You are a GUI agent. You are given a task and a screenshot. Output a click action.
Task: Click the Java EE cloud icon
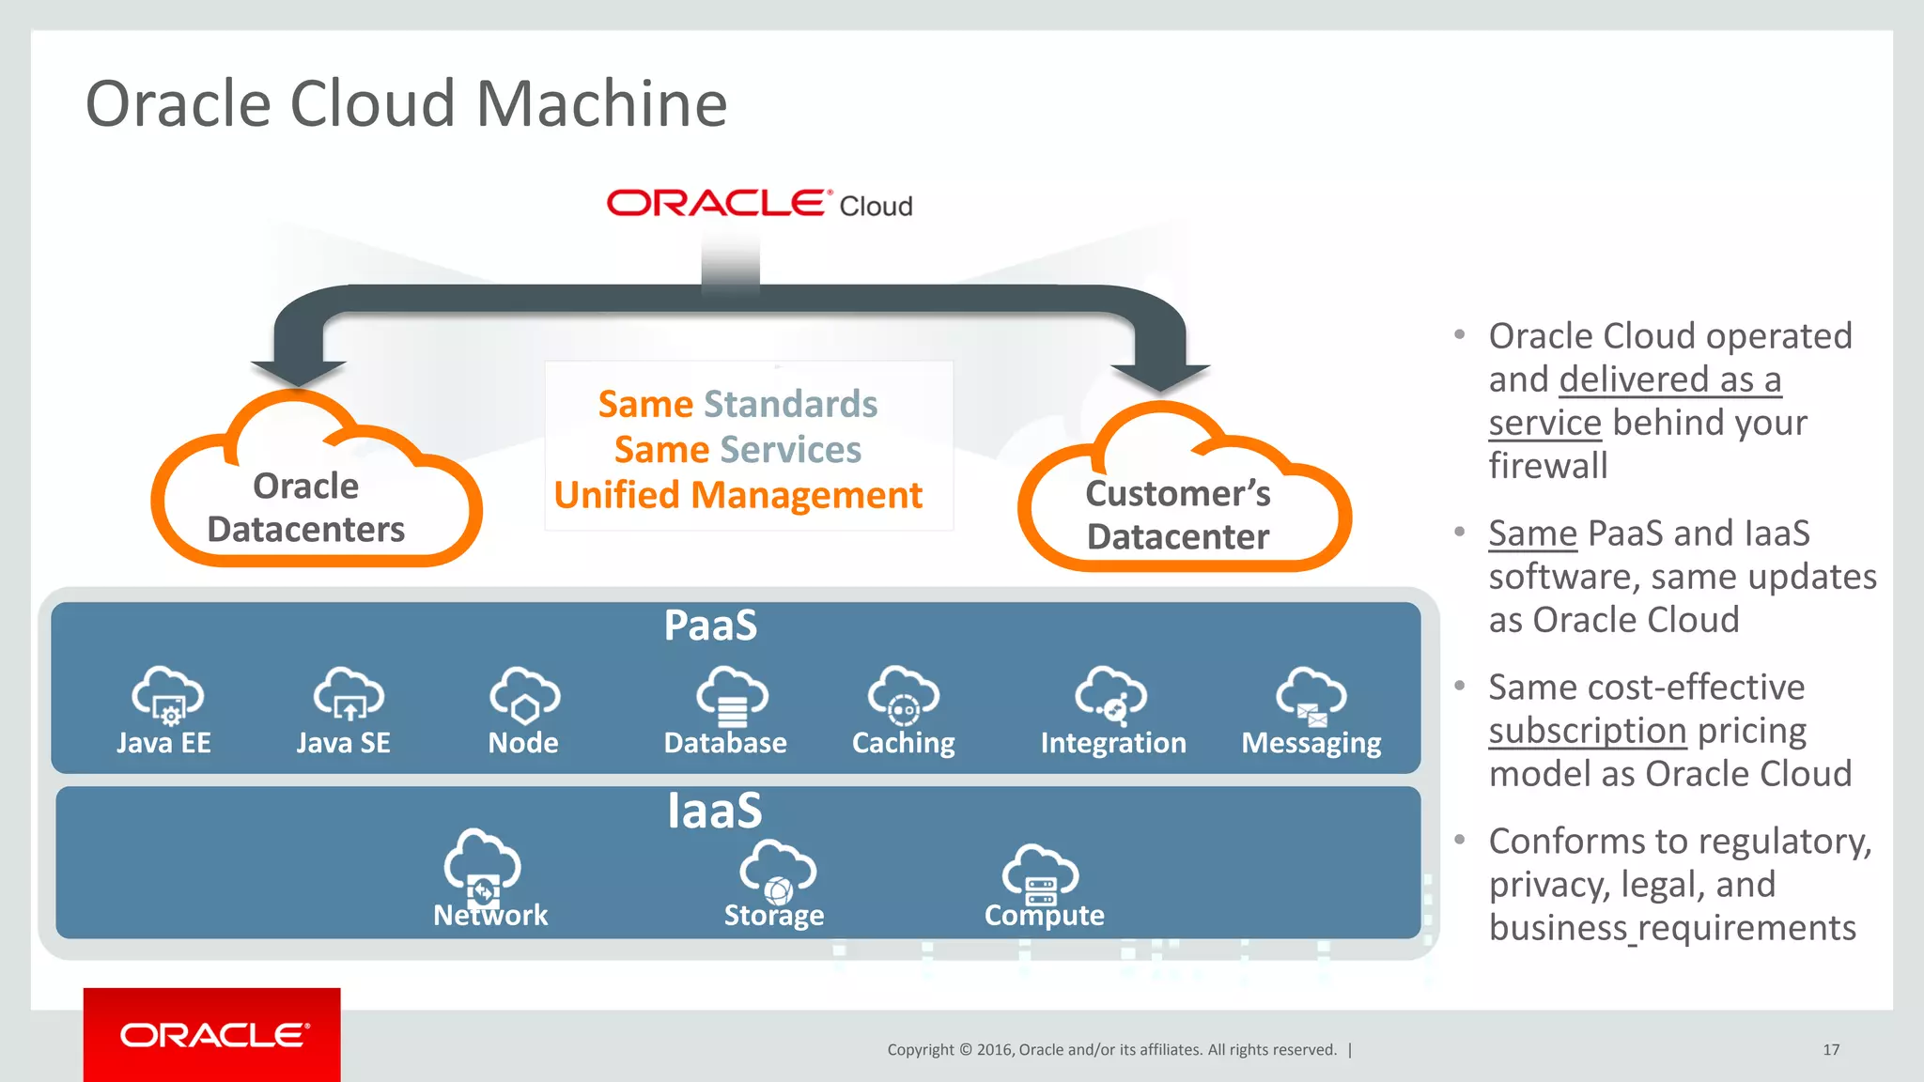click(x=167, y=695)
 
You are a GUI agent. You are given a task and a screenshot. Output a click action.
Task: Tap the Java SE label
click(x=343, y=743)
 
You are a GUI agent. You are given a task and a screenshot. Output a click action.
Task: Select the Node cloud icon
click(x=524, y=695)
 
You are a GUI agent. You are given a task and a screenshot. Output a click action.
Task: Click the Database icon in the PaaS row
click(x=732, y=696)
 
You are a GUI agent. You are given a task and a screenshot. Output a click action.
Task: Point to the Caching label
click(x=903, y=743)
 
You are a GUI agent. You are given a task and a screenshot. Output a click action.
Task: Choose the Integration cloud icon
click(x=1110, y=696)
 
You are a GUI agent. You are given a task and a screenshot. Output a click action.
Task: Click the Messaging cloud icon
click(x=1311, y=696)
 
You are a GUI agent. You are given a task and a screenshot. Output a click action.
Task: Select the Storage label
click(x=773, y=915)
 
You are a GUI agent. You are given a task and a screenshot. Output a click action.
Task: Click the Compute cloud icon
click(x=1040, y=873)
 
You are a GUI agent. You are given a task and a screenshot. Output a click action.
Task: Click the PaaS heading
click(x=710, y=626)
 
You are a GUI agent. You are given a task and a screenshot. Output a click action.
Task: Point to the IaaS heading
click(x=714, y=810)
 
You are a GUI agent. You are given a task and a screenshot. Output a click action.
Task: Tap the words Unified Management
click(x=738, y=495)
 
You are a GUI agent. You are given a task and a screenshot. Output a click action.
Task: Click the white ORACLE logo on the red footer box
click(x=214, y=1035)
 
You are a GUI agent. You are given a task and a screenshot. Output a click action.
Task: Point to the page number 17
click(x=1831, y=1049)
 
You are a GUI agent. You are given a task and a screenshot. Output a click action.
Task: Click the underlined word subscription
click(x=1588, y=731)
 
